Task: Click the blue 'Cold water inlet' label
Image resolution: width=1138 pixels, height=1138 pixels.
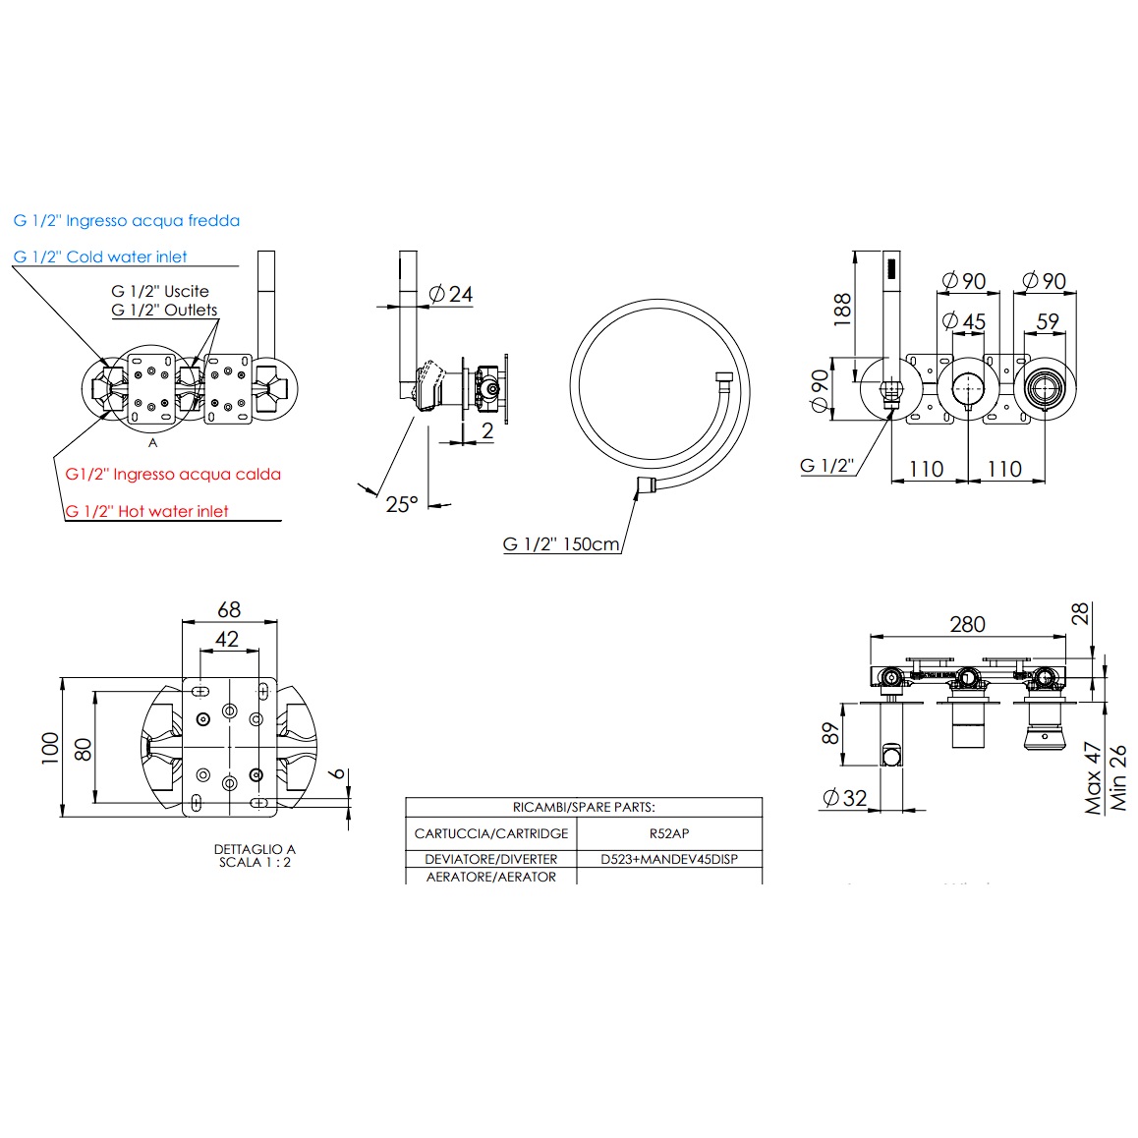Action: (x=100, y=256)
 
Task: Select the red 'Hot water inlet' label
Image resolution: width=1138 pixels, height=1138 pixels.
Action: (x=147, y=511)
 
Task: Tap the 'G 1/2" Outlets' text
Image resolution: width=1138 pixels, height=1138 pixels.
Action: (x=164, y=310)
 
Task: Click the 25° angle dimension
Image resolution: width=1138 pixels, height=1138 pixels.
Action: (x=401, y=504)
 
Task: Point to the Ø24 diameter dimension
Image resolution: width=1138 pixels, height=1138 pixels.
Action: (x=452, y=294)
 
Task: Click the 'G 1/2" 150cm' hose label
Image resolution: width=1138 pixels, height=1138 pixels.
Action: (x=561, y=544)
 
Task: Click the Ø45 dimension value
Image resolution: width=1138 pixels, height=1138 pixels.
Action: (x=963, y=321)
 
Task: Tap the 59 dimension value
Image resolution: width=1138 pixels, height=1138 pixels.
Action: (x=1048, y=321)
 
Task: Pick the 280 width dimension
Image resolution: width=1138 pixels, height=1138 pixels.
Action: (x=967, y=624)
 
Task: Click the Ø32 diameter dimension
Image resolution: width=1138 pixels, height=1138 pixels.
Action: (x=843, y=798)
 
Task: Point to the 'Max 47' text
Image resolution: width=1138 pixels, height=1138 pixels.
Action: (x=1093, y=778)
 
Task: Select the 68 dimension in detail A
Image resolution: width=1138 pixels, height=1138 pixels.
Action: (x=229, y=609)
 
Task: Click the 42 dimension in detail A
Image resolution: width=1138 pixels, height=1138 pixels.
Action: (x=227, y=639)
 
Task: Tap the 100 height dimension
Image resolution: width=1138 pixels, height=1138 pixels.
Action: (x=50, y=747)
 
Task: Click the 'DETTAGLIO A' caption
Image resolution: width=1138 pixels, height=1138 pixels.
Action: (x=255, y=849)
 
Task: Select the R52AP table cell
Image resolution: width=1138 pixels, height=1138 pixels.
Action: (x=669, y=833)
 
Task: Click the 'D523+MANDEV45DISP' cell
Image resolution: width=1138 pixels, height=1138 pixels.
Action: (x=669, y=859)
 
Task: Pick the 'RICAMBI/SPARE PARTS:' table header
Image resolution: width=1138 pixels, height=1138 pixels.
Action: (x=584, y=807)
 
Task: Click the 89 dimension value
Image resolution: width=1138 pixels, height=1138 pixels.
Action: (x=831, y=733)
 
